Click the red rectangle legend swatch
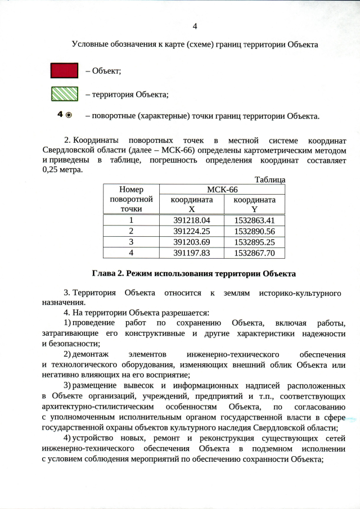64,70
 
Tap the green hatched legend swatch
64,94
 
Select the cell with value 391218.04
191,220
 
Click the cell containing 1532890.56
254,231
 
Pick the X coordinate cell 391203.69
191,242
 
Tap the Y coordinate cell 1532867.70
254,253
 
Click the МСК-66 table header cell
222,190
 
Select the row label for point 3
131,242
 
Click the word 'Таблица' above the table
270,180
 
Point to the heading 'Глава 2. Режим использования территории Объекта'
193,274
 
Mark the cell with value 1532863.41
254,220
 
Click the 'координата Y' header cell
254,204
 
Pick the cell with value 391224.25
191,231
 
